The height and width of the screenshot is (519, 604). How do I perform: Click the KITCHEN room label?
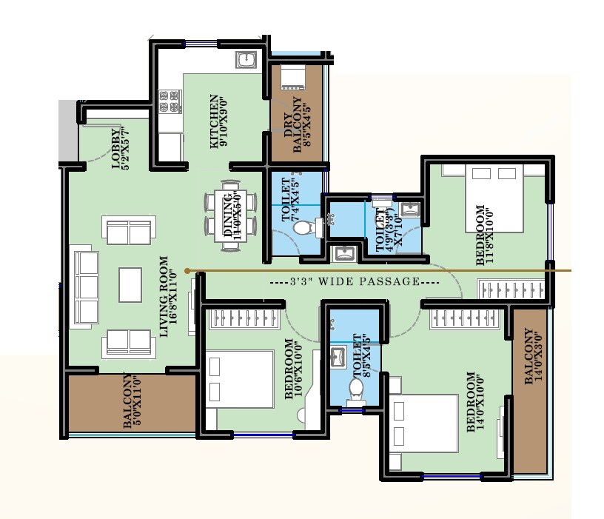coord(218,121)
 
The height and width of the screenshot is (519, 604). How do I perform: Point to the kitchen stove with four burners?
coord(170,101)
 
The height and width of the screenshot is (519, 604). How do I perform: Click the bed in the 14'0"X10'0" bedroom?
coord(425,422)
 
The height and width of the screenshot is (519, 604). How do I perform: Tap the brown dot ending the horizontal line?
coord(187,271)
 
